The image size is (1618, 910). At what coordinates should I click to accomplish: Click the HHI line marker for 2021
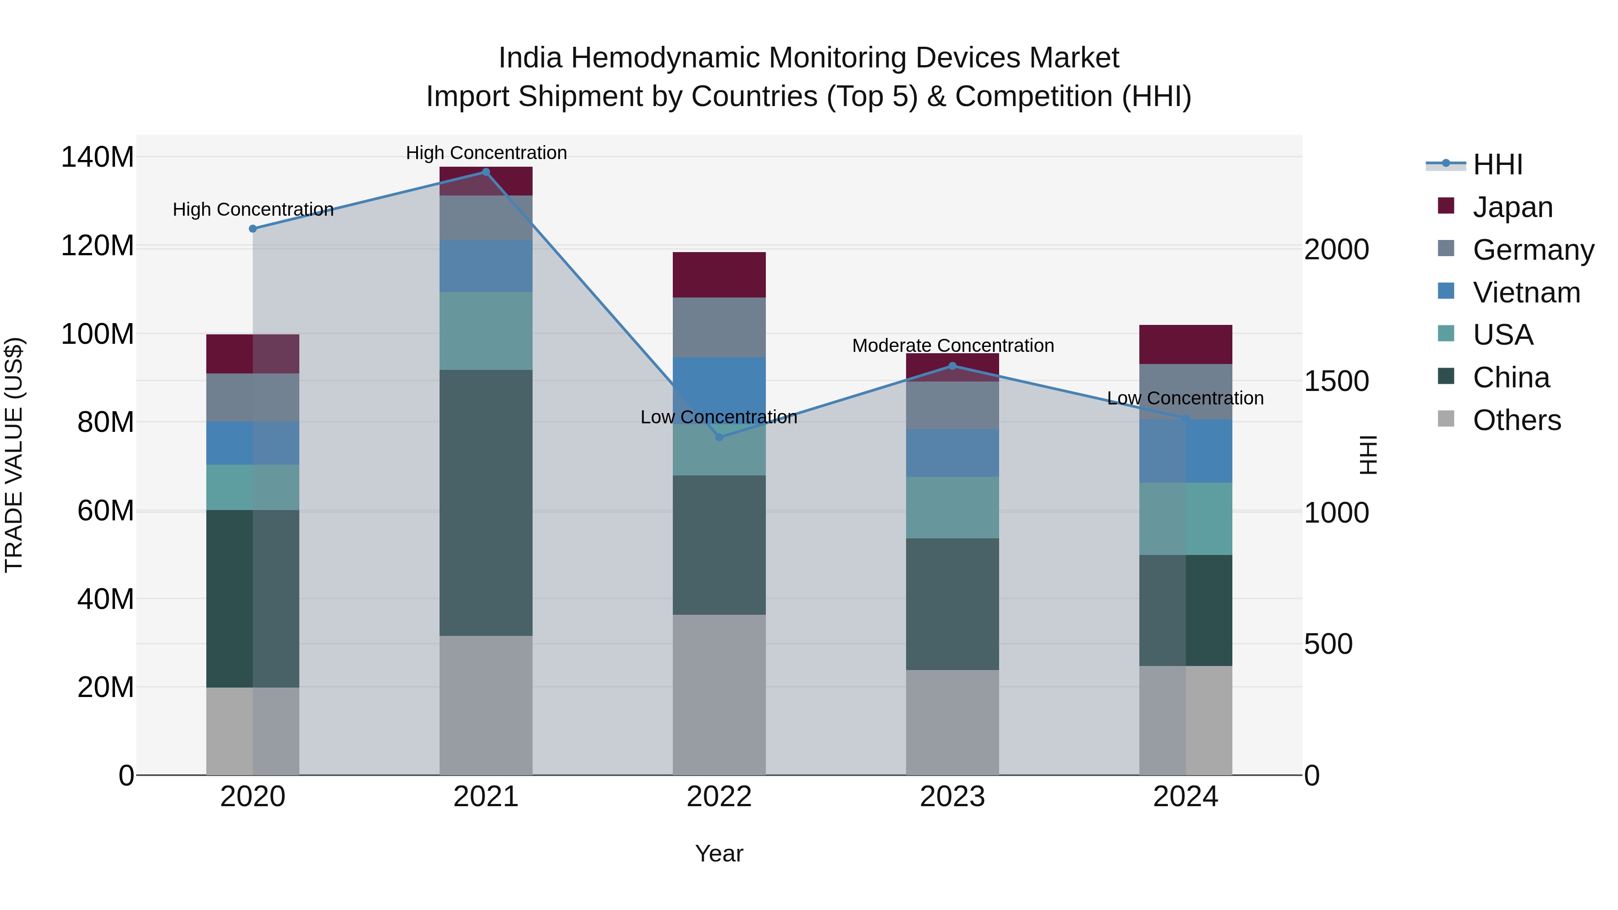(485, 172)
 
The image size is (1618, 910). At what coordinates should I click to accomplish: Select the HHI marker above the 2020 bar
(253, 229)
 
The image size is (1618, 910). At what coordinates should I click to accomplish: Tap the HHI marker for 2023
(952, 366)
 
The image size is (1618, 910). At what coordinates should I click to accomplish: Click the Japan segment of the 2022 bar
(719, 275)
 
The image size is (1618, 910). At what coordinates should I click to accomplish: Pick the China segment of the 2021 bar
(485, 502)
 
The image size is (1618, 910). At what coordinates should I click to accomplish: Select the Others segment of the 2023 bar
(952, 722)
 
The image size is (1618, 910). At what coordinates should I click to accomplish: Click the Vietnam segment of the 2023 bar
(952, 453)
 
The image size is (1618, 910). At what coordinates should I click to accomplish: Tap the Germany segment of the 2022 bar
(719, 327)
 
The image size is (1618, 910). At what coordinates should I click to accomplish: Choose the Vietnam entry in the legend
(1526, 293)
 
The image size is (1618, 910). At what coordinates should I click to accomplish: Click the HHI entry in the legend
(1498, 164)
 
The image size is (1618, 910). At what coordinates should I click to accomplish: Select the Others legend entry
(1516, 420)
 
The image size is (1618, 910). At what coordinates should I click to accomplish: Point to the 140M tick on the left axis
(98, 157)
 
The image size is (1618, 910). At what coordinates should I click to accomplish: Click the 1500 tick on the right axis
(1336, 381)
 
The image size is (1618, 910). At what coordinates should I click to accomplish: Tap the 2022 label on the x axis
(719, 797)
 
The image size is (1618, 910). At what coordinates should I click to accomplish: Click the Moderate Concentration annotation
(953, 346)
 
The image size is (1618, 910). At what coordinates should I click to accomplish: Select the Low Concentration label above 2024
(1185, 398)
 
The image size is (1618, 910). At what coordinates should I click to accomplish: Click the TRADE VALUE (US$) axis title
(14, 455)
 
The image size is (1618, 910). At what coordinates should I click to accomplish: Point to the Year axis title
(719, 853)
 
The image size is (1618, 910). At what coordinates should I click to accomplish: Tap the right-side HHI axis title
(1368, 455)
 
